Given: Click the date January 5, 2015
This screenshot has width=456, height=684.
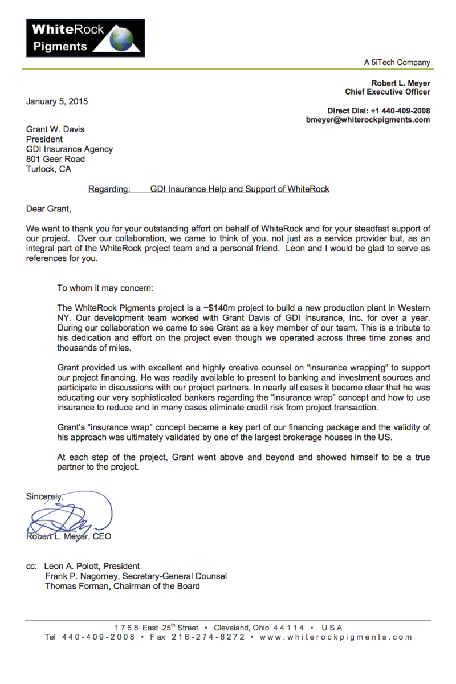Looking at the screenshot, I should tap(57, 102).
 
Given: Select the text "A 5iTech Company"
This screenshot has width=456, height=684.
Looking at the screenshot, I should tap(397, 63).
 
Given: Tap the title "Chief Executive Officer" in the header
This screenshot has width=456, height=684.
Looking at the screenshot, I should tap(388, 92).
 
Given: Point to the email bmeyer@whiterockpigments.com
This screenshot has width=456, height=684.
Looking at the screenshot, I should tap(368, 120).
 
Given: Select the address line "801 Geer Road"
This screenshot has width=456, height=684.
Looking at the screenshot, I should tap(55, 159).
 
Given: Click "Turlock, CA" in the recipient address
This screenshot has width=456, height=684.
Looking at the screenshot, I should tap(49, 169).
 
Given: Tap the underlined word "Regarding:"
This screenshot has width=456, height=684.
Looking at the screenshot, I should tap(109, 189).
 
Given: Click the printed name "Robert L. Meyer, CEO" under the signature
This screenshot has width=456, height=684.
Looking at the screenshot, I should tap(69, 536).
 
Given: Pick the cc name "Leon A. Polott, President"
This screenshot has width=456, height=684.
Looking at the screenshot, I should tap(92, 566).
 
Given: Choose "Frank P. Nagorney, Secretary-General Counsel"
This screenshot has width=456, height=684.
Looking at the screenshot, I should tap(136, 576).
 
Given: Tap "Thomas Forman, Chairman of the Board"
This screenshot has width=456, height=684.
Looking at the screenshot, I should tap(123, 586).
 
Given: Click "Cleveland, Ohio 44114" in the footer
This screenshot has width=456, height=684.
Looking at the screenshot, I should tap(259, 628).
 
